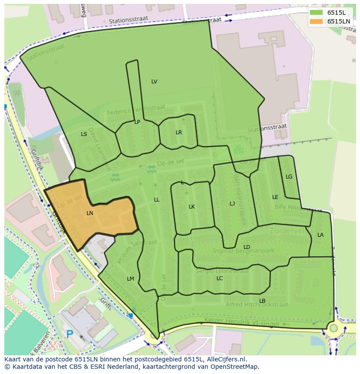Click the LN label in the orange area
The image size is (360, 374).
click(90, 213)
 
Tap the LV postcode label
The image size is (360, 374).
click(154, 82)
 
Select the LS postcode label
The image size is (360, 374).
click(84, 134)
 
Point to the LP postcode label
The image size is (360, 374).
click(137, 122)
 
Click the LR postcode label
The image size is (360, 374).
click(179, 132)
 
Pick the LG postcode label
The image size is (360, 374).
click(289, 177)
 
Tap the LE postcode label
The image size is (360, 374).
click(275, 197)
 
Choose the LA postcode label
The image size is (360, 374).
click(320, 235)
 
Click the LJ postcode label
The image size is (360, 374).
click(232, 204)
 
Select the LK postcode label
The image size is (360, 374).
click(192, 207)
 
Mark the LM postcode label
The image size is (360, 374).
click(130, 279)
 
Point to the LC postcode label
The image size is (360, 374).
click(220, 278)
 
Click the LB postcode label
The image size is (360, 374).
click(262, 301)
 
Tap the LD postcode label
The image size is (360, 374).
click(247, 247)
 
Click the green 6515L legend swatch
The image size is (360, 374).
click(316, 13)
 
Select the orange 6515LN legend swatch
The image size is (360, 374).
click(316, 21)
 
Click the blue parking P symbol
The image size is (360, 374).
click(70, 334)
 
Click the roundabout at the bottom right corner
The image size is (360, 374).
click(333, 328)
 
